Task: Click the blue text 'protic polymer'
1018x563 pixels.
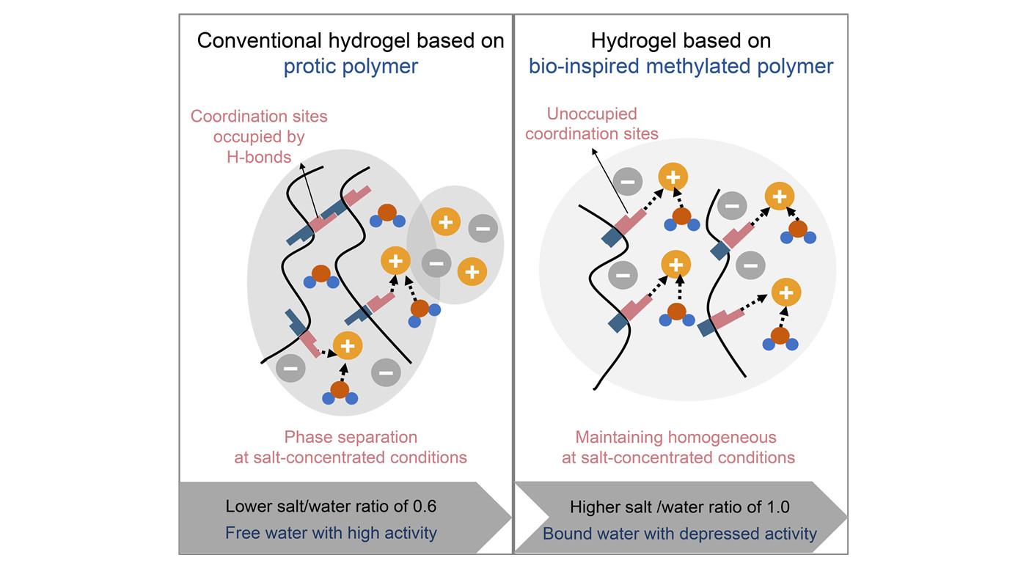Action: (351, 67)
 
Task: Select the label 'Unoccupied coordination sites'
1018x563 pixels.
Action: (591, 124)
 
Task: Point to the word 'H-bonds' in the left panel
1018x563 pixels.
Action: (259, 156)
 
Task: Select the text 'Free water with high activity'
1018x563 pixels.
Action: (331, 533)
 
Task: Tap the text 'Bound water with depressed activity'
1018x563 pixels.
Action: (679, 533)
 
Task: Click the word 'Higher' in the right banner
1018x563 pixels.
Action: (595, 507)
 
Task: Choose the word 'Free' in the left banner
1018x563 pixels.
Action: (241, 533)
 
